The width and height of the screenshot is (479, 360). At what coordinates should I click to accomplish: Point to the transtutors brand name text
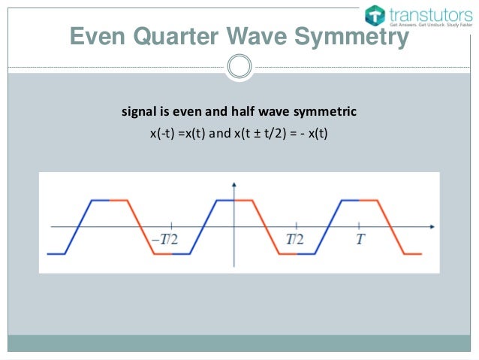(428, 13)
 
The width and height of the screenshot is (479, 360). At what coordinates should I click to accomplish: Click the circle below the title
(239, 66)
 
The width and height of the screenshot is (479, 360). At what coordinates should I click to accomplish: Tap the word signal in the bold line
(137, 113)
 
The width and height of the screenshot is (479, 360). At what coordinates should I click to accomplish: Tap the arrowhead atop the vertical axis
(234, 184)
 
